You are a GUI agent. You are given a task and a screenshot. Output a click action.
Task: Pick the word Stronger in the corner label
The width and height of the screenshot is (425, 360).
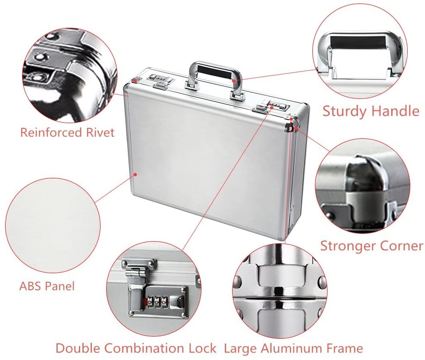348,246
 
